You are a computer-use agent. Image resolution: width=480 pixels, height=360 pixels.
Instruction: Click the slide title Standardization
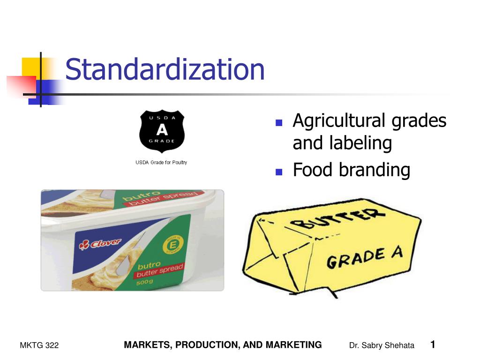(x=165, y=69)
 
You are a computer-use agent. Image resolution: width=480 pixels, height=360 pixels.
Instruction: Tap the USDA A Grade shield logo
(x=162, y=131)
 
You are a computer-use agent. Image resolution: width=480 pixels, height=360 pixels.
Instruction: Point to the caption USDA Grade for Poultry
(x=161, y=162)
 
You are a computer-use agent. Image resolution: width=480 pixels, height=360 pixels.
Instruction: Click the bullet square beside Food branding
(x=278, y=172)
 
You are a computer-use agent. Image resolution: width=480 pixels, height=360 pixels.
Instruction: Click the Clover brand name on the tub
(x=100, y=244)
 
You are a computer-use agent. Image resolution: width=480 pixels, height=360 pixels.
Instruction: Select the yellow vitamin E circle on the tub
(x=168, y=246)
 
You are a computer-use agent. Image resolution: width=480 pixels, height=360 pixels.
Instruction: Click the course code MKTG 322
(x=39, y=345)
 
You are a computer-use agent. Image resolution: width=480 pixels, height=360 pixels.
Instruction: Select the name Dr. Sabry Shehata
(x=382, y=345)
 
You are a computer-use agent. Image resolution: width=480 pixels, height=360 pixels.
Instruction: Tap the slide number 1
(x=433, y=345)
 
